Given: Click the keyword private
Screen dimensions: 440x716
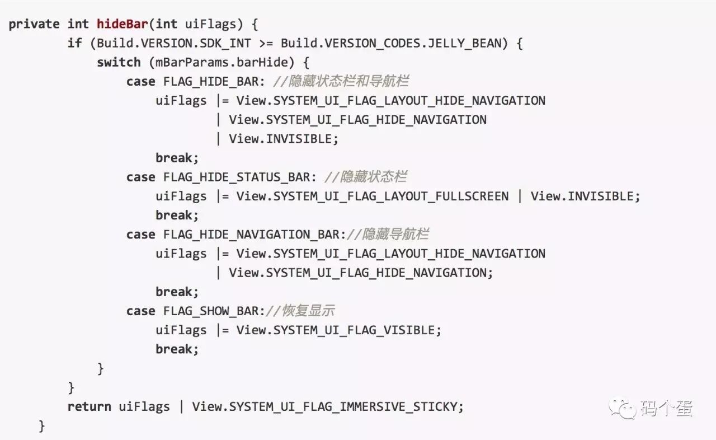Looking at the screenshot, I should coord(34,24).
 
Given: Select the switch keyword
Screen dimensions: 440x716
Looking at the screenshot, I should coord(119,62).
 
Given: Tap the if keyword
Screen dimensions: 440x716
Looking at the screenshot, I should coord(74,43).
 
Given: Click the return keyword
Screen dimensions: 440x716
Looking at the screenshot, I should coord(89,406).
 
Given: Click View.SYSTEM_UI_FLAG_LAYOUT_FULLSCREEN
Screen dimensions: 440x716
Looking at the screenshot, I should coord(373,196).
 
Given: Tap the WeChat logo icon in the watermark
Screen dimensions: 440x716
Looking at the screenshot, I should coord(623,408).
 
